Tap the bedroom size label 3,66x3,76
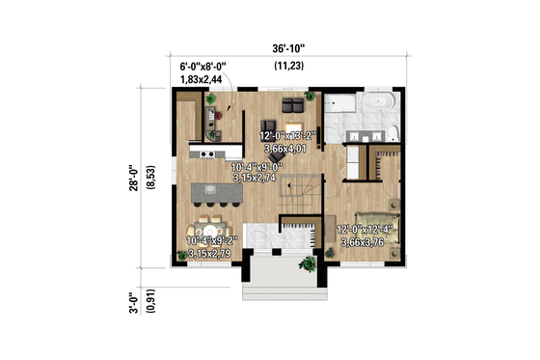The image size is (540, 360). coord(365,241)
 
